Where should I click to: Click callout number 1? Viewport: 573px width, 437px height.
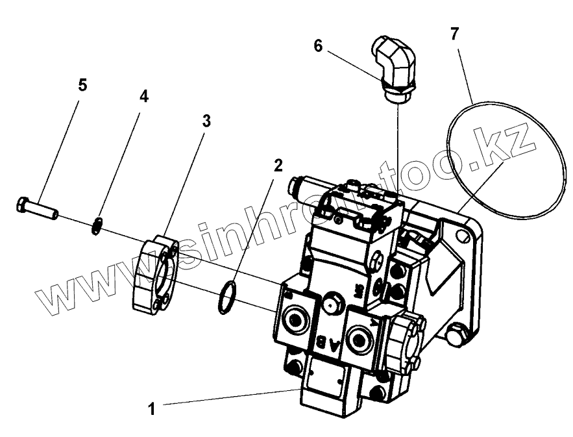click(151, 409)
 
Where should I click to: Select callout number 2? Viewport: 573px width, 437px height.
click(278, 165)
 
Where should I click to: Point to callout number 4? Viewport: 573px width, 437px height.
click(143, 96)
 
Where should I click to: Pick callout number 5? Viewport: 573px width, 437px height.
click(82, 85)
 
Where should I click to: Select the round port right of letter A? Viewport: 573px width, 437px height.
click(359, 336)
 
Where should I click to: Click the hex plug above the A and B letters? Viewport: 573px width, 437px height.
click(334, 301)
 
